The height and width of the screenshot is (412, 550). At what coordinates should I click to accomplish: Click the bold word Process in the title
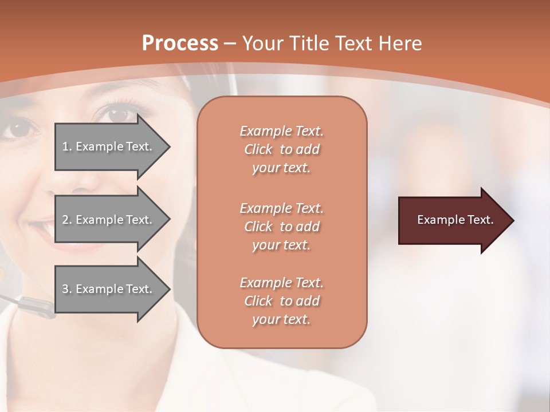(180, 43)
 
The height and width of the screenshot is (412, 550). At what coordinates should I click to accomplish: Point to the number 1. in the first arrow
(67, 146)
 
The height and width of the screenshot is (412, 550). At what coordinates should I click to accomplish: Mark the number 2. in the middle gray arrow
(67, 220)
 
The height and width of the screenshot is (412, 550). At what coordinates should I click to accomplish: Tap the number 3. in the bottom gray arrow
(67, 289)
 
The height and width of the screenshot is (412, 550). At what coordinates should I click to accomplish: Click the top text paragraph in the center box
(281, 149)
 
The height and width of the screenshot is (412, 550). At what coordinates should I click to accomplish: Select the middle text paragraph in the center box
(281, 227)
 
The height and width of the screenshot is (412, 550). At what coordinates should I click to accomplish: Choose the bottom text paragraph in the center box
(281, 301)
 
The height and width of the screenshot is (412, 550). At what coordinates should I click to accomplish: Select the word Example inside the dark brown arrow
(437, 220)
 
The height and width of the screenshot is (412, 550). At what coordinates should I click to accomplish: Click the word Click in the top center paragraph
(258, 149)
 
